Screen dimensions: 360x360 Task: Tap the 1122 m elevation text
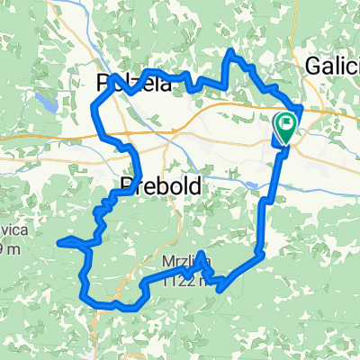(x=186, y=281)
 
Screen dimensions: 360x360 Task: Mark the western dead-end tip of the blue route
(x=59, y=241)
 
